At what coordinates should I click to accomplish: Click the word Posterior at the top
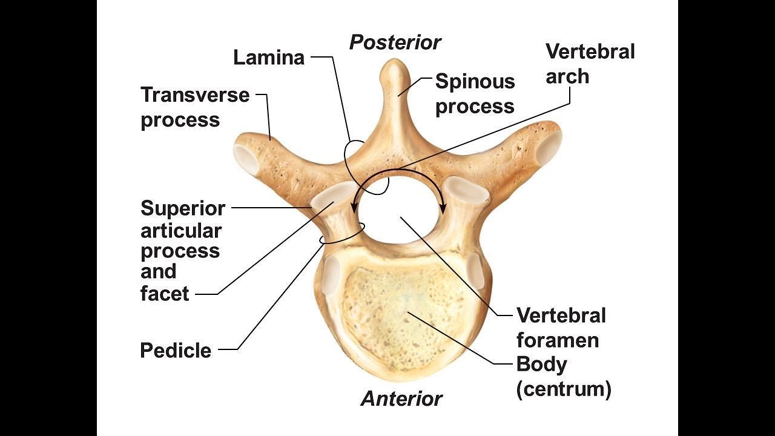click(395, 43)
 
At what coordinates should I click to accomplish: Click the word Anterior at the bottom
click(401, 399)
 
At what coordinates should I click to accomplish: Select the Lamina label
click(269, 58)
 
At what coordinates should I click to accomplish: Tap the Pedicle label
click(176, 350)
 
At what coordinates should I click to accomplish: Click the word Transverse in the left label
click(195, 95)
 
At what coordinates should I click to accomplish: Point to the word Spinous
click(475, 81)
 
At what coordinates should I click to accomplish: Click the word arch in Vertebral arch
click(567, 76)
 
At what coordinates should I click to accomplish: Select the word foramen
click(557, 340)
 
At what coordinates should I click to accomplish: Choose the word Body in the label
click(541, 365)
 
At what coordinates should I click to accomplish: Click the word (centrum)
click(564, 389)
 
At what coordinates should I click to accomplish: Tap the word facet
click(165, 294)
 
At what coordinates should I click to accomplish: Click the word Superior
click(183, 208)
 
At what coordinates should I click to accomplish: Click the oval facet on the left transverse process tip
click(247, 158)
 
